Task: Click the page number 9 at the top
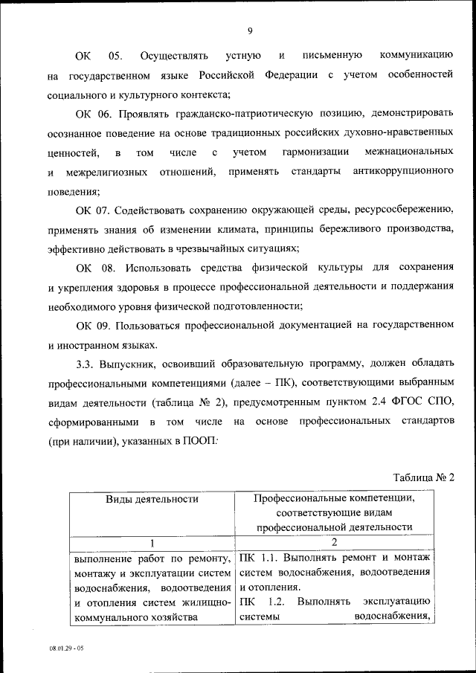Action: click(250, 30)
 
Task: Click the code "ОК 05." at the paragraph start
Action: click(97, 56)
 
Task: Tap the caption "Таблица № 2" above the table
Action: click(422, 477)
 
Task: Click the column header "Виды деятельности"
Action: click(152, 499)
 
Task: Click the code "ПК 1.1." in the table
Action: click(259, 558)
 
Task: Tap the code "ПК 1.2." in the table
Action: click(259, 601)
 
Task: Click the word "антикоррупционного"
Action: click(403, 172)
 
